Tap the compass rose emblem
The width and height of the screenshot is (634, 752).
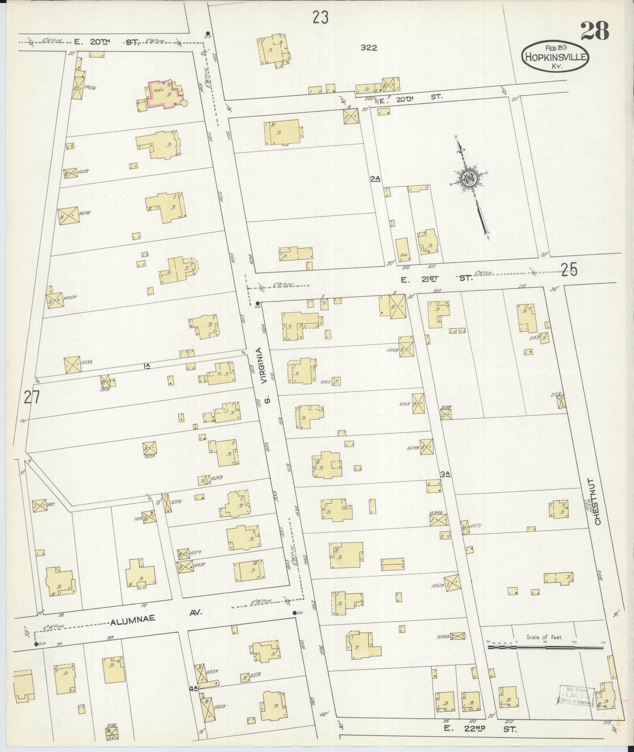pos(470,179)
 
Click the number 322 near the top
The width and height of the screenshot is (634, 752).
pos(369,48)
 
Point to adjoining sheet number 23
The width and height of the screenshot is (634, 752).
pos(321,18)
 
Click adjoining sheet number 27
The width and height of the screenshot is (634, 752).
pos(31,398)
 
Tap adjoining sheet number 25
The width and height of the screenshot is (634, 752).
pos(569,270)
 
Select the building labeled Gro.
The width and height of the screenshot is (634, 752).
pos(402,250)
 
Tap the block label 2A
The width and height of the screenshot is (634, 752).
pos(375,179)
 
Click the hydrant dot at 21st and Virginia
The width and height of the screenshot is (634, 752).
pos(257,303)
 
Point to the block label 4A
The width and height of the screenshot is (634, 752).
pos(193,688)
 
